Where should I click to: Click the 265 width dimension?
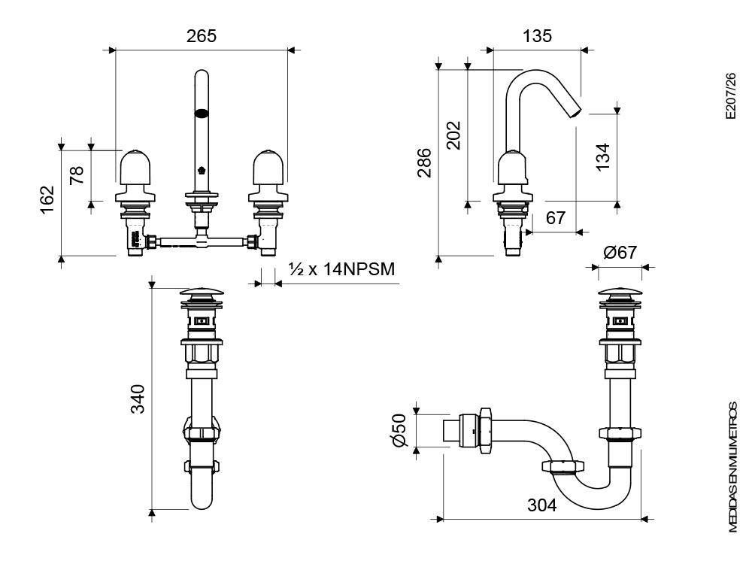(x=201, y=36)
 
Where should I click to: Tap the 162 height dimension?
(x=47, y=199)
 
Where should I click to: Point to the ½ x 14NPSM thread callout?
(x=341, y=269)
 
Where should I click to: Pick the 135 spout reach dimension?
(x=536, y=35)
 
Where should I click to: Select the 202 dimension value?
(x=453, y=135)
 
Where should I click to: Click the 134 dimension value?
(x=602, y=156)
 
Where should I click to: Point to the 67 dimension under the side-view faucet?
(x=556, y=218)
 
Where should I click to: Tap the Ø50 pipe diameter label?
(x=399, y=430)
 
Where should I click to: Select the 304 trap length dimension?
(x=541, y=505)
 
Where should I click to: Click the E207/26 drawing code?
(x=728, y=97)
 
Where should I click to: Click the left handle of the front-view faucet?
(x=137, y=167)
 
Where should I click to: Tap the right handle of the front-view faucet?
(x=268, y=167)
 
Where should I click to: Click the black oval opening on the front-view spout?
(x=202, y=115)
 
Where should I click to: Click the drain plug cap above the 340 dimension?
(x=200, y=293)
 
